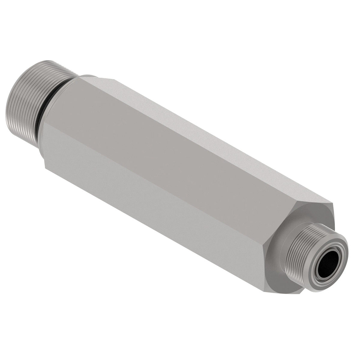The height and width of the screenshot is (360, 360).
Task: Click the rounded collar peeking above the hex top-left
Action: (88, 76)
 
